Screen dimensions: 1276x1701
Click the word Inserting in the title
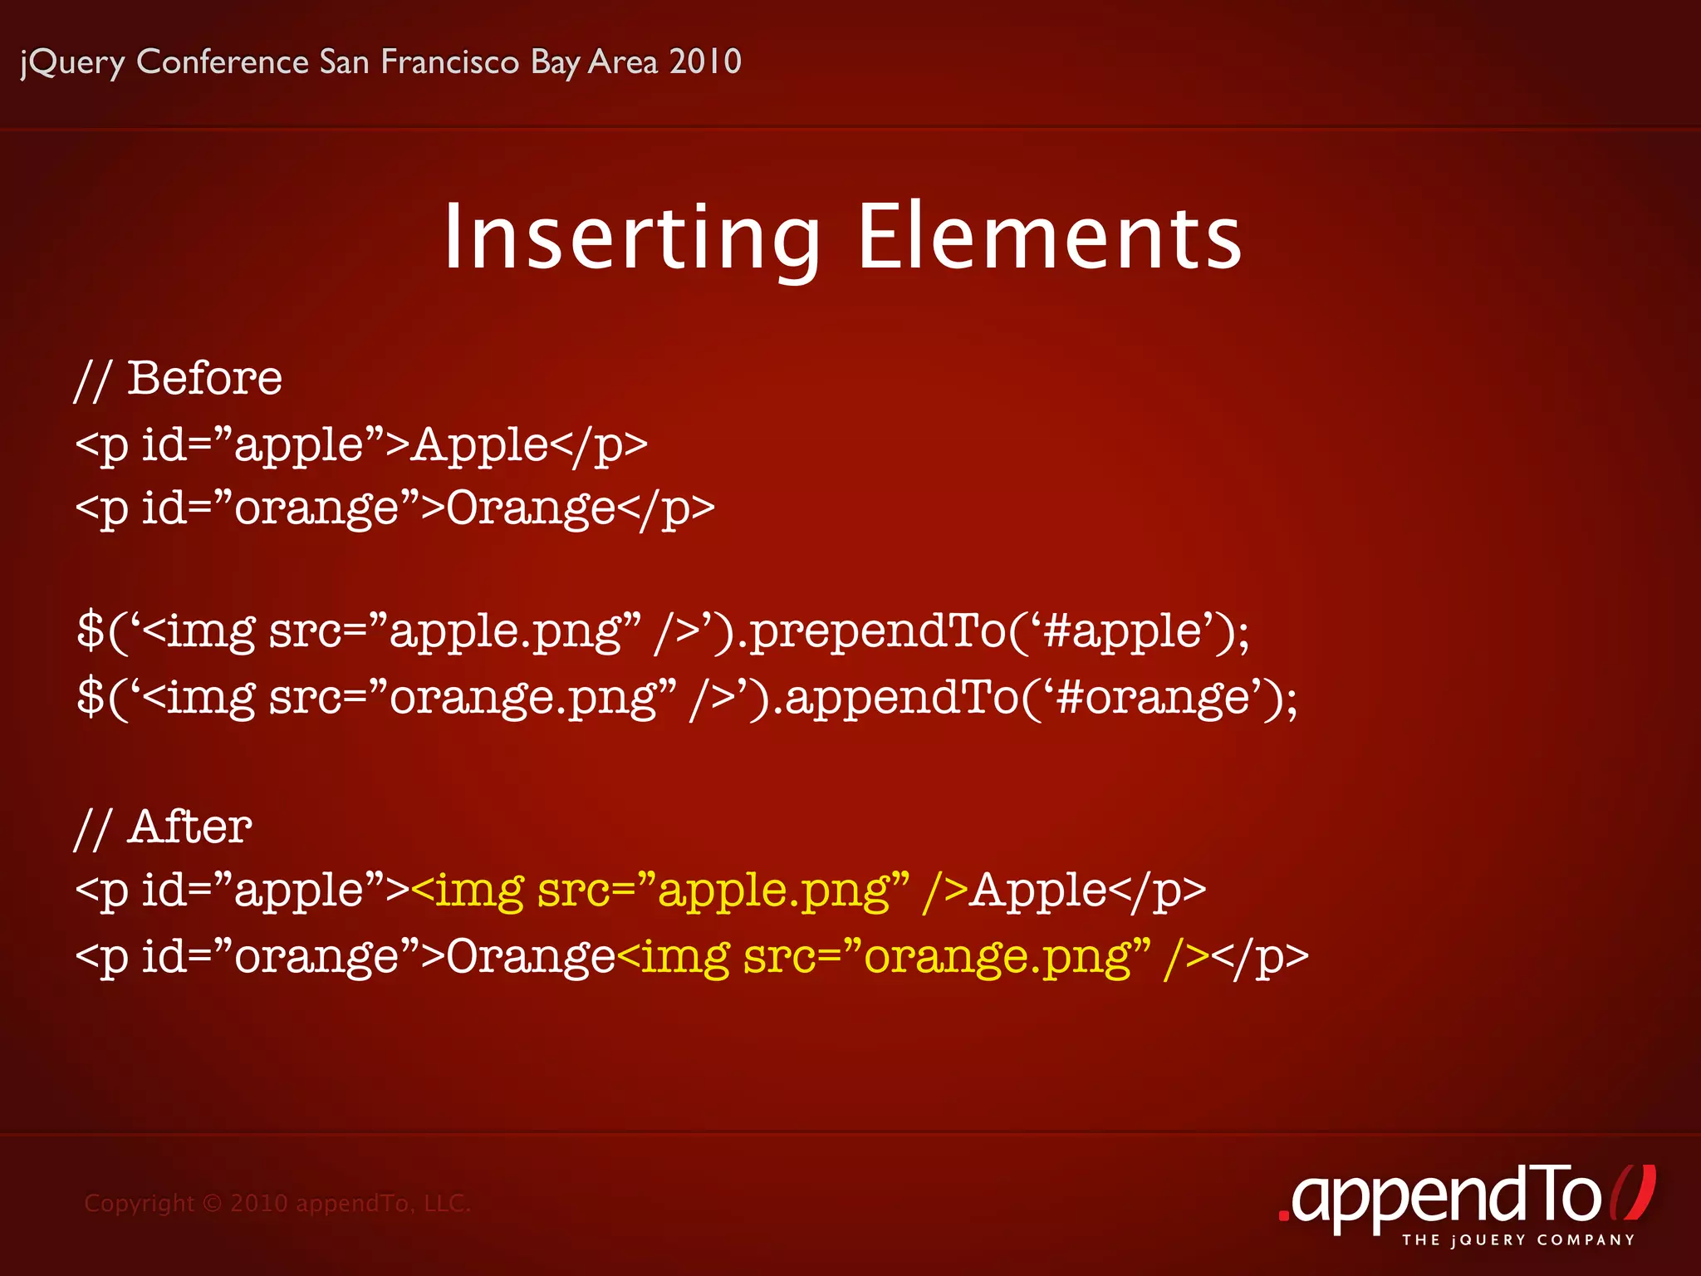[x=631, y=238]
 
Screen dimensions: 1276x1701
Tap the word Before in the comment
[x=204, y=379]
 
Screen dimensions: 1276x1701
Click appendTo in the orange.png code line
[x=901, y=697]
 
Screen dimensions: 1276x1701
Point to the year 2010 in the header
[x=705, y=62]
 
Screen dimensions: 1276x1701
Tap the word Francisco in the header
[x=449, y=62]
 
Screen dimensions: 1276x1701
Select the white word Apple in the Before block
[x=480, y=445]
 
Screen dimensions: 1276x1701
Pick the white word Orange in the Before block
[x=531, y=508]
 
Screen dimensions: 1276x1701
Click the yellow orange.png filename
[x=997, y=957]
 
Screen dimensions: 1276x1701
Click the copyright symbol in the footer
[x=213, y=1203]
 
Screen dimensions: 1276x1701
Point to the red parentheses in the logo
[x=1632, y=1194]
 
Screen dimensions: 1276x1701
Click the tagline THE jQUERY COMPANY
[x=1518, y=1240]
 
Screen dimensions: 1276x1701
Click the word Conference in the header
[x=223, y=62]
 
